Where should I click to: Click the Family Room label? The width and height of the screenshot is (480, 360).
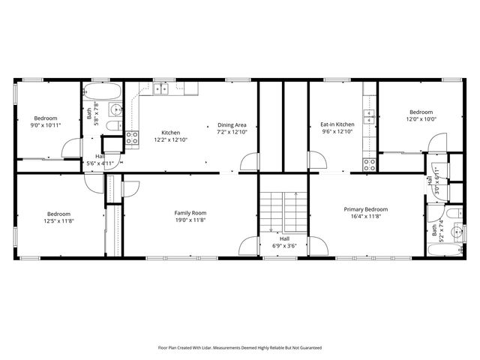tap(190, 212)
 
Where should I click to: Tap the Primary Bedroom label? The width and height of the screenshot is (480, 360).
tap(366, 208)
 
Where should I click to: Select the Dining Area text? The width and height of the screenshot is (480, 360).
tap(232, 125)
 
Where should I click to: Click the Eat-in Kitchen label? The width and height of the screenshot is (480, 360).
tap(337, 124)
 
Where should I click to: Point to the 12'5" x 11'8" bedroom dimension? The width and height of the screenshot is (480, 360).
tap(58, 220)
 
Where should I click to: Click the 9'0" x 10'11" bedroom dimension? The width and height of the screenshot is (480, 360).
tap(46, 126)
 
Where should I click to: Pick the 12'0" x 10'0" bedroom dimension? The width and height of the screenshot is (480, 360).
tap(421, 118)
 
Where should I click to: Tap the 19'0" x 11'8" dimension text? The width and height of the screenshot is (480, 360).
tap(190, 220)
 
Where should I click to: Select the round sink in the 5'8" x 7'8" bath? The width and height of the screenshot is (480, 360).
tap(115, 111)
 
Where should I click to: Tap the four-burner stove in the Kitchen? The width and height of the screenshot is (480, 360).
tap(132, 137)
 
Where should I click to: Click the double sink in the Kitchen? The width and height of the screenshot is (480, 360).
tap(161, 88)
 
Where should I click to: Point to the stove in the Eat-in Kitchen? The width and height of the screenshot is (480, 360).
tap(370, 163)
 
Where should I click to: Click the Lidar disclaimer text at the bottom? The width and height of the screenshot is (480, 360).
tap(239, 347)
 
